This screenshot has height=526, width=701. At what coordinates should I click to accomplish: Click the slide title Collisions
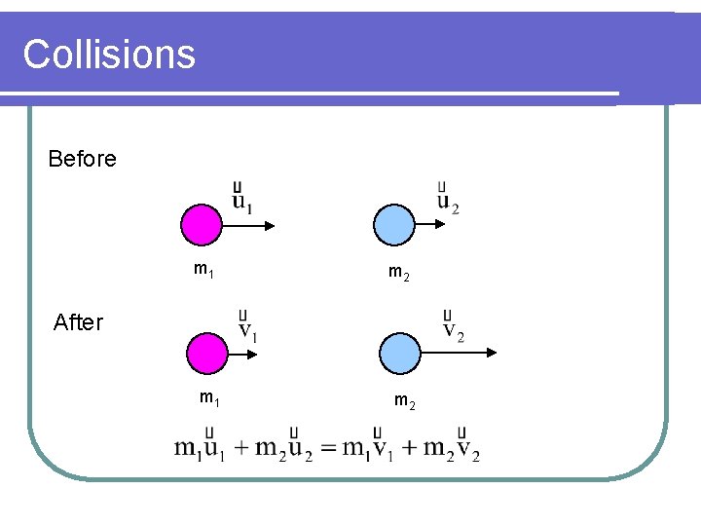[x=109, y=54]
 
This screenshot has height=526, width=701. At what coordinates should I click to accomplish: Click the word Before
[x=82, y=159]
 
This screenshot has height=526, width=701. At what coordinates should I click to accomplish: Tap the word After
[x=78, y=322]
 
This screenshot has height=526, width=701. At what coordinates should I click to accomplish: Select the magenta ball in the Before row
[x=202, y=225]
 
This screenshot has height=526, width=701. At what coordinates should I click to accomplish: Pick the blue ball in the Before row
[x=394, y=225]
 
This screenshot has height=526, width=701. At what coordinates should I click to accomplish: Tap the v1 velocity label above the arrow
[x=248, y=327]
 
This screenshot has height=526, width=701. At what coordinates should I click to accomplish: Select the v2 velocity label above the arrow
[x=453, y=327]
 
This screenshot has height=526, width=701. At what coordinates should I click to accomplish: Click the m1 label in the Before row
[x=203, y=269]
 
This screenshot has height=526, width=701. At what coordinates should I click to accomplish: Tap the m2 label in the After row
[x=405, y=399]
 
